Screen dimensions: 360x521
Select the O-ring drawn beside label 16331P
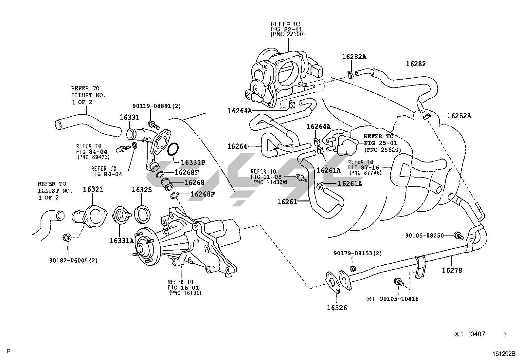coord(173,149)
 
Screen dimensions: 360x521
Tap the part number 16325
coord(142,190)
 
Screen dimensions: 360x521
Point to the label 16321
coord(93,189)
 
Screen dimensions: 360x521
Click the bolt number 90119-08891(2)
coord(157,106)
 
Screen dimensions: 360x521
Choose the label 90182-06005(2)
coord(74,260)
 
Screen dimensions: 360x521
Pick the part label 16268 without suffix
coord(194,182)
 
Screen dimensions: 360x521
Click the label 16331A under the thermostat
coord(121,241)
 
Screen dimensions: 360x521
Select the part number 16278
coord(452,270)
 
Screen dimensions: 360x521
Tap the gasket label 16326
coord(337,308)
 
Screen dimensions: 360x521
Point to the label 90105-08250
coord(424,235)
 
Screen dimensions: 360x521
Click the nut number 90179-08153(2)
coord(357,253)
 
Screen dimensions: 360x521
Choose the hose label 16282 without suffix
coord(416,64)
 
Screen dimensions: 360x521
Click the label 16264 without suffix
coord(237,146)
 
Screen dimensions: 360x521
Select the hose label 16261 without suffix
coord(287,202)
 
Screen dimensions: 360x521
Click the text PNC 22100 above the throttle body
coord(287,34)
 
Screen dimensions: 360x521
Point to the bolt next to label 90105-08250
coord(458,235)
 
